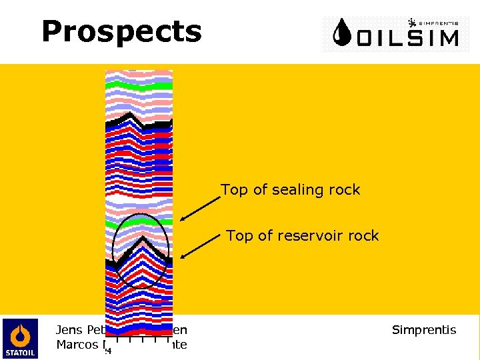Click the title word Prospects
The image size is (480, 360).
click(x=121, y=31)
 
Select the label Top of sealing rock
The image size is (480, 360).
click(x=290, y=190)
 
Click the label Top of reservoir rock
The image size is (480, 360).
click(x=302, y=235)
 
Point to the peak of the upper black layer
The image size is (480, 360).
click(x=131, y=115)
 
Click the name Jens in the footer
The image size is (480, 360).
click(x=69, y=330)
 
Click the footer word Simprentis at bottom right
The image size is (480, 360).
click(x=424, y=330)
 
